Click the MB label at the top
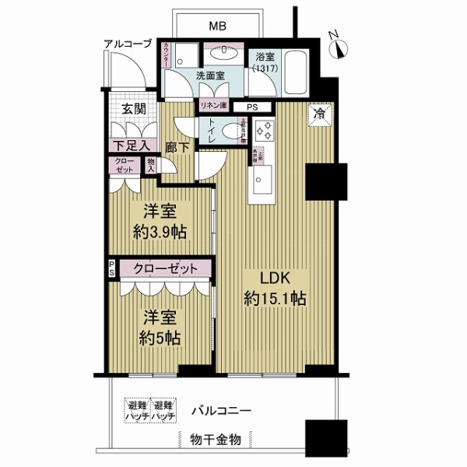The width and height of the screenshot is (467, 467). click(218, 26)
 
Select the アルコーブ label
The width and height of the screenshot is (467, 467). click(128, 44)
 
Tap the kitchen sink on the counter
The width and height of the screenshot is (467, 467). click(261, 184)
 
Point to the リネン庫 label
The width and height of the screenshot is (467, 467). click(212, 107)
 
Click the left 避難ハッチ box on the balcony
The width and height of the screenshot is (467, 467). click(136, 410)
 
